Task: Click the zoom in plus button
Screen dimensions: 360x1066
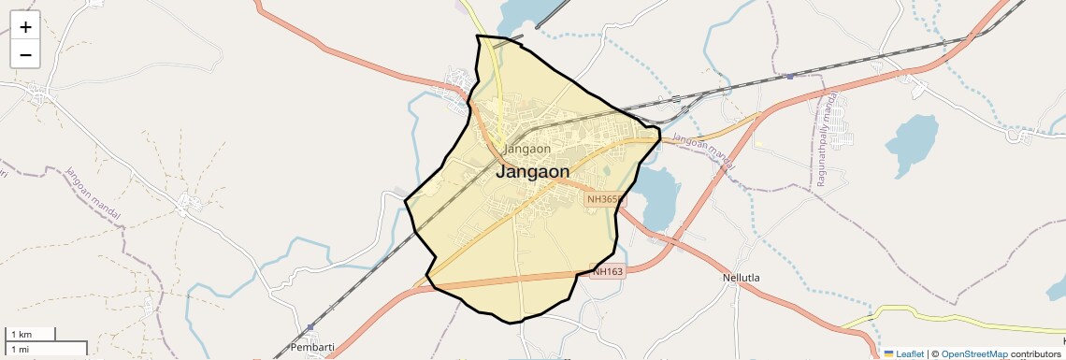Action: [25, 27]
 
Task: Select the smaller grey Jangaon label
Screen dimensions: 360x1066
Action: [526, 149]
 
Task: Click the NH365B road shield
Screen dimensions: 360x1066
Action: [605, 199]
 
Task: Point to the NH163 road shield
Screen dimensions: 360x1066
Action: [608, 271]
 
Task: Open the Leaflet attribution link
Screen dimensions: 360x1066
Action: [910, 353]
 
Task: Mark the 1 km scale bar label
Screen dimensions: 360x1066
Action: [21, 335]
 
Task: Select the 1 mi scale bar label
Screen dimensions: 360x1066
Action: [21, 349]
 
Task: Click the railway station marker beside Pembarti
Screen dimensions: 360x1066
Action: [310, 326]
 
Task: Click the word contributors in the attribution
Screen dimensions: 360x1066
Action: [1035, 353]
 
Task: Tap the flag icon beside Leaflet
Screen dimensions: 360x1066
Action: [888, 353]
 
